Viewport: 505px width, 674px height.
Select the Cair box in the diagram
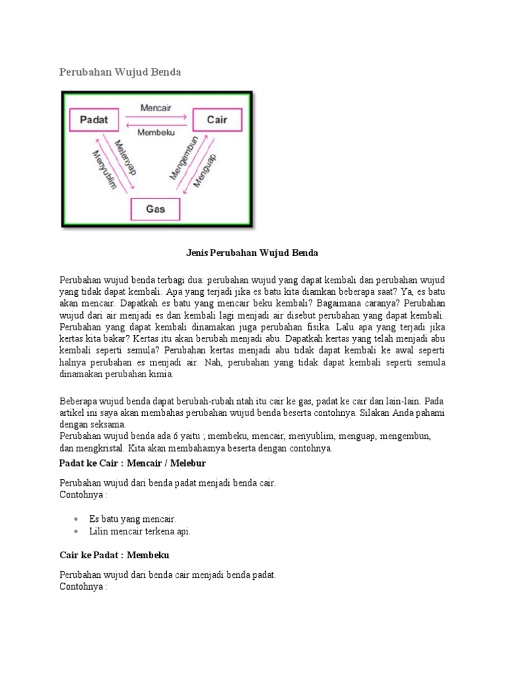(x=217, y=120)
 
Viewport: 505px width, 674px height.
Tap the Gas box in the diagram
(x=155, y=209)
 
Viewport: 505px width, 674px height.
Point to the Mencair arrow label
(x=155, y=107)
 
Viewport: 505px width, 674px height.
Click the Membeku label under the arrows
(x=155, y=132)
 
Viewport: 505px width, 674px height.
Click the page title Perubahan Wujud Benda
(x=120, y=72)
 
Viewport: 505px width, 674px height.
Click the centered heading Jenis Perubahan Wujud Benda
(x=252, y=253)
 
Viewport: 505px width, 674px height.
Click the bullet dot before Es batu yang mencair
(x=77, y=519)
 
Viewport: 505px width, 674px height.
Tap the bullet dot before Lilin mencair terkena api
(x=77, y=531)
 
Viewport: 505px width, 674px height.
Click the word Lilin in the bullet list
(x=99, y=531)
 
